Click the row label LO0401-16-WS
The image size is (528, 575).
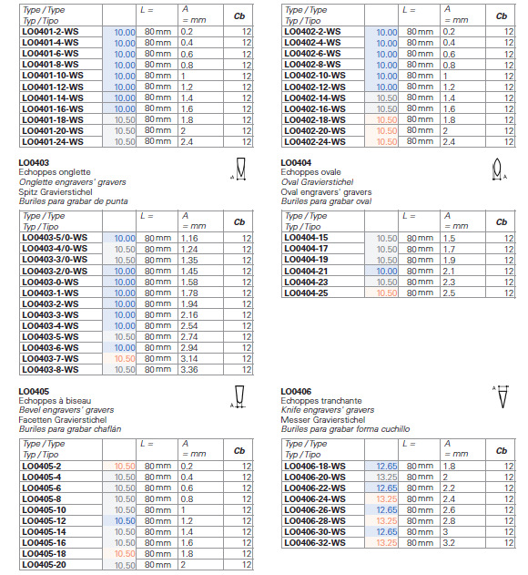coord(53,109)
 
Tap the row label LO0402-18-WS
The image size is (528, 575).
coord(315,120)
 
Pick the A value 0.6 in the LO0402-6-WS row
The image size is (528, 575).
coord(449,54)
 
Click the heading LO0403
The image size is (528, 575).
coord(34,162)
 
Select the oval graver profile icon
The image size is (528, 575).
coord(499,169)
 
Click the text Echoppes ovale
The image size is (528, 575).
coord(310,172)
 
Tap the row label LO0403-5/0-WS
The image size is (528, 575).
coord(55,238)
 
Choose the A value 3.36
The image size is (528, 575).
coord(189,370)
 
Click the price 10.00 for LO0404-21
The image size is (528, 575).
coord(387,271)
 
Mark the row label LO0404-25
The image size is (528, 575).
coord(306,293)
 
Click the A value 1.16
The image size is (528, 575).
coord(189,238)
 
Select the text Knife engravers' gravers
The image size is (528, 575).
coord(328,410)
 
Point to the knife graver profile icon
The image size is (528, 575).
coord(502,396)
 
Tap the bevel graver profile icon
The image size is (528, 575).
coord(239,396)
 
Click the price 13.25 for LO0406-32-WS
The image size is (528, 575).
coord(387,543)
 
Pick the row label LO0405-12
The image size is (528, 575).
coord(44,520)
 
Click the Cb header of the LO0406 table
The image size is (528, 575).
coord(502,451)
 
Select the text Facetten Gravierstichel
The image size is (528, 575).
coord(63,419)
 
